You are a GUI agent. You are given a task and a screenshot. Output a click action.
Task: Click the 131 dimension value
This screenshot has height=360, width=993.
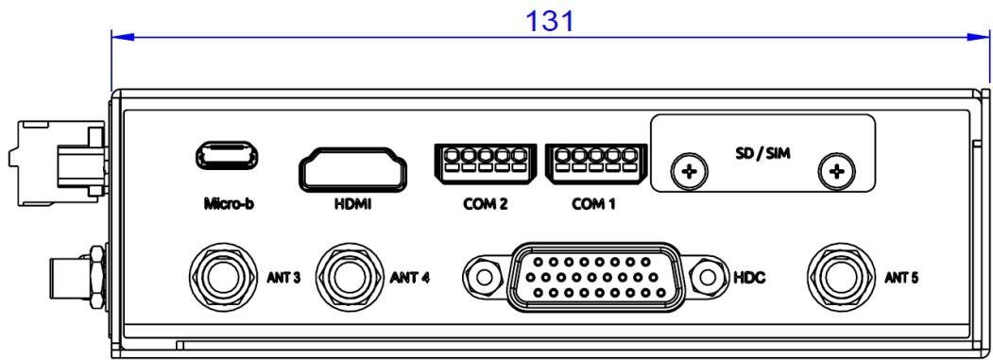[550, 20]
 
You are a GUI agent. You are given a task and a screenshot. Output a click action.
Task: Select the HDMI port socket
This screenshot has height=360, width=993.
[352, 168]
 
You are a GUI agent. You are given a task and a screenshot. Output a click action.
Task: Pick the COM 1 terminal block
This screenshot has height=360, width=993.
[594, 163]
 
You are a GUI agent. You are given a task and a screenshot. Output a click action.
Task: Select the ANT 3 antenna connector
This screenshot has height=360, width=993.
[222, 277]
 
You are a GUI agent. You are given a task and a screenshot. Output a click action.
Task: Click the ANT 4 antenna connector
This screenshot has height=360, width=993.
[349, 277]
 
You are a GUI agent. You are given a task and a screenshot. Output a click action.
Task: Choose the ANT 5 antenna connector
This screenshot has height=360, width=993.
[840, 277]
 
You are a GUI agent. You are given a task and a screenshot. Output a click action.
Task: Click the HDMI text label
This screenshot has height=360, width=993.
[352, 205]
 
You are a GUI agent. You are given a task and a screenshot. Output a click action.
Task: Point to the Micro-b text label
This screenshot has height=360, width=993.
[229, 204]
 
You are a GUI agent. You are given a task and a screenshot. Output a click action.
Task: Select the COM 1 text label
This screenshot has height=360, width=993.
[594, 205]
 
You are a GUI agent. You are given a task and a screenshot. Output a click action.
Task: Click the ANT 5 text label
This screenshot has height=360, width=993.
[901, 278]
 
